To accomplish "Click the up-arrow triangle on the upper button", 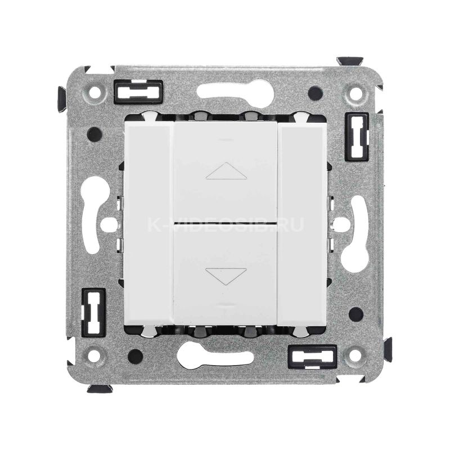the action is pos(226,171).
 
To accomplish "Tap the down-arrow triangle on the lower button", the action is pos(226,276).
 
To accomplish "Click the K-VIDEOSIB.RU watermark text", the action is pos(226,224).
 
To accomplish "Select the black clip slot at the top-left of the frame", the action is pos(138,92).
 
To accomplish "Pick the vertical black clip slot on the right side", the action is pos(357,137).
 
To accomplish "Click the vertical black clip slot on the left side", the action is pos(93,312).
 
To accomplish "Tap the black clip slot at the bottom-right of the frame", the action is pos(312,357).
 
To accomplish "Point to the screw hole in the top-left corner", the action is pos(95,92).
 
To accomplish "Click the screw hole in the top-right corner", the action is pos(356,92).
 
